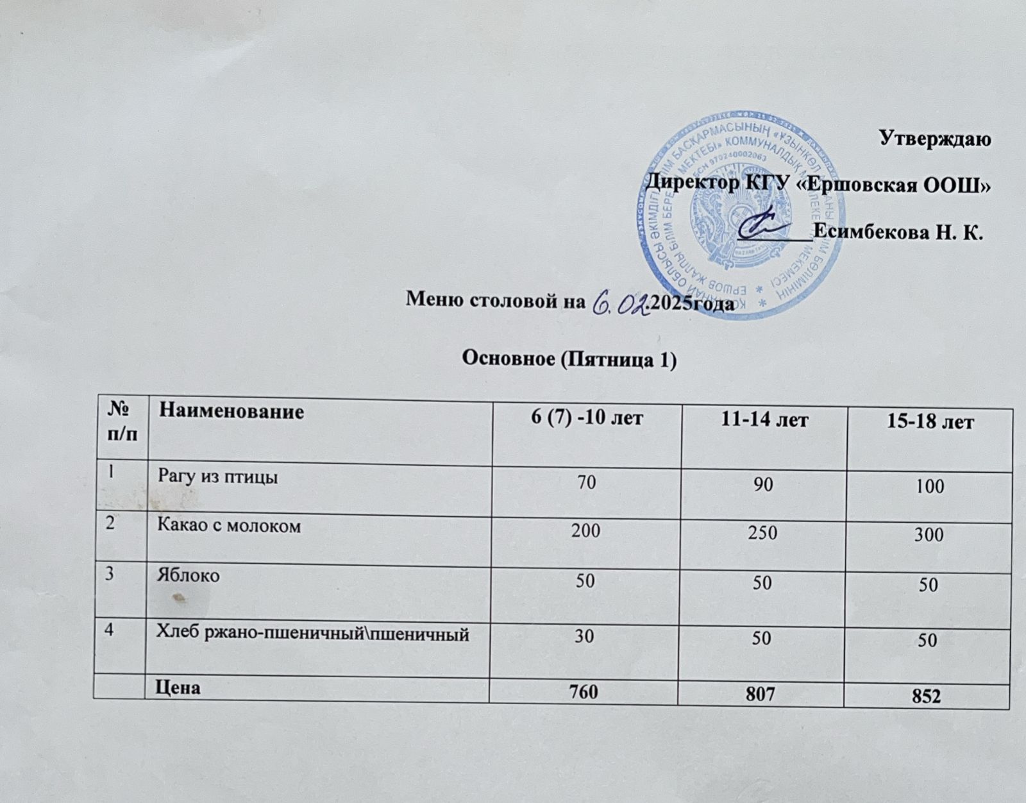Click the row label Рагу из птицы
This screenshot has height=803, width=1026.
tap(219, 478)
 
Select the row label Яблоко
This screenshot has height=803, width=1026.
tap(189, 575)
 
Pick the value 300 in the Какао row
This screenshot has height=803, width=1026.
tap(928, 534)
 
